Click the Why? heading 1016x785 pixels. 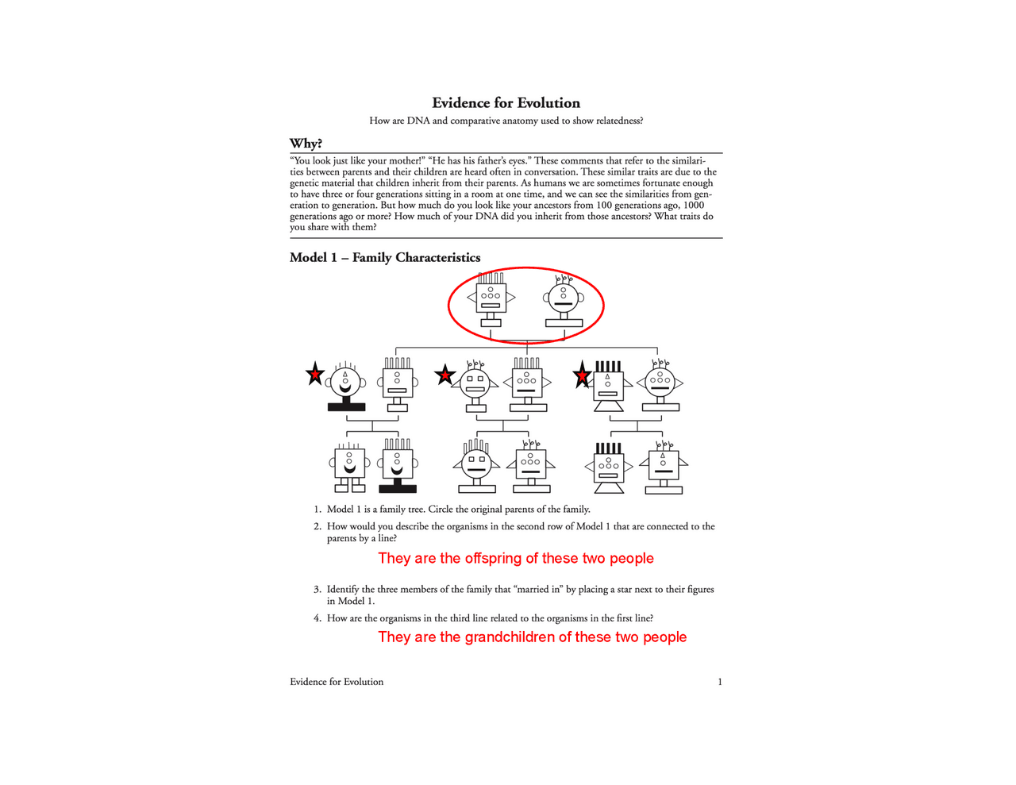(x=306, y=144)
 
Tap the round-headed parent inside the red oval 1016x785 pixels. (x=564, y=299)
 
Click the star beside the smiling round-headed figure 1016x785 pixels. (x=315, y=374)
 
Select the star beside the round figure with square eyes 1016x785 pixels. (x=444, y=375)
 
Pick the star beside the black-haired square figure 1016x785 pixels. (x=583, y=375)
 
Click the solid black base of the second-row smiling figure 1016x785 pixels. (x=346, y=407)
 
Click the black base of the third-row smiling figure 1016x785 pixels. (x=398, y=488)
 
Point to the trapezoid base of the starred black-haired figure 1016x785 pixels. (x=609, y=406)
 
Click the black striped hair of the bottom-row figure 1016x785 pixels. (x=608, y=448)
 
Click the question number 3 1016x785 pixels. (x=317, y=590)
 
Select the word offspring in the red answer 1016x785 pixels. (x=493, y=559)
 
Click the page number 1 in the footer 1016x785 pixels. (x=720, y=682)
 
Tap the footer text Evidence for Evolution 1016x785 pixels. (x=337, y=682)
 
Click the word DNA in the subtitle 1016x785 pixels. (x=418, y=121)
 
